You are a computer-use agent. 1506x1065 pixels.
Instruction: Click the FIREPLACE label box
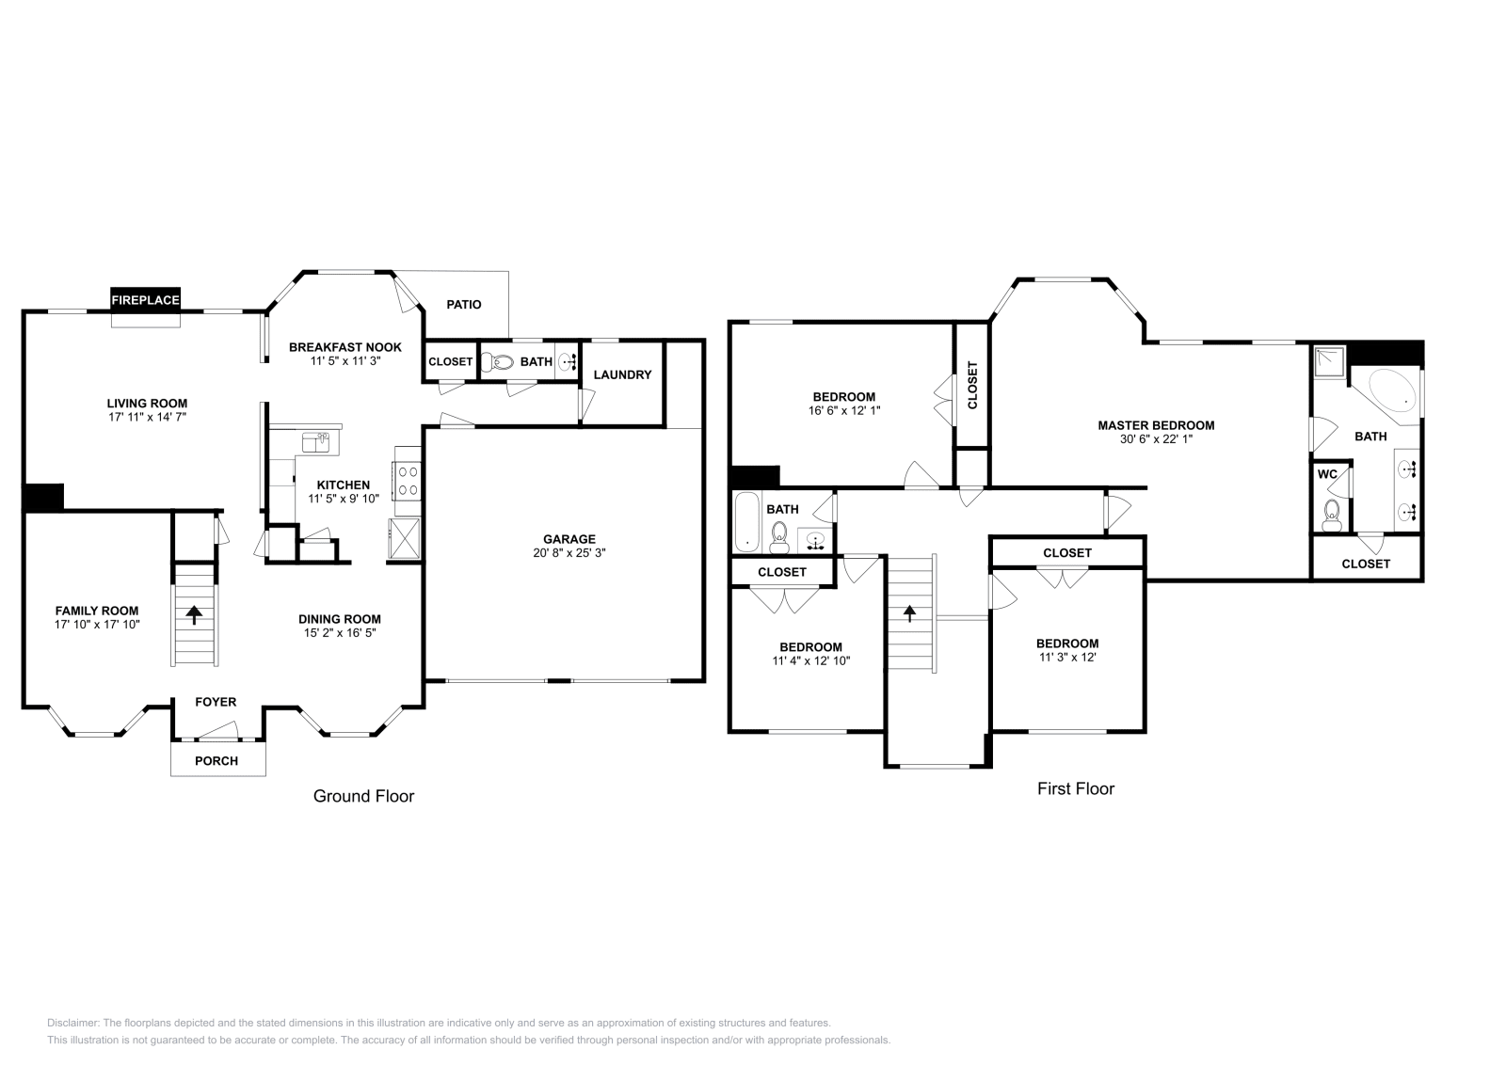[x=145, y=300]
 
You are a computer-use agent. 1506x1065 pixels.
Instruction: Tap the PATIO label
[x=463, y=305]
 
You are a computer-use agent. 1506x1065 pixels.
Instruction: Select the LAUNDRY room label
[x=622, y=374]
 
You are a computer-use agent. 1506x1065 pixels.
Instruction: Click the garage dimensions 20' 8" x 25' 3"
[x=569, y=553]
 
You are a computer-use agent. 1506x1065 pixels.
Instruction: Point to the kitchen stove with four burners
[x=409, y=481]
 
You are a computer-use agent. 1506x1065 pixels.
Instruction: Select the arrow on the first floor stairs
[x=909, y=614]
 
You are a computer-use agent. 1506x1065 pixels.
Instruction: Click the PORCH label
[x=216, y=760]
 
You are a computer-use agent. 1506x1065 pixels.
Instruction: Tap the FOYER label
[x=216, y=702]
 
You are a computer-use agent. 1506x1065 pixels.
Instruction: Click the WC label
[x=1327, y=474]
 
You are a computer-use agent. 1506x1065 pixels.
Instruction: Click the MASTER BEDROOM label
[x=1156, y=425]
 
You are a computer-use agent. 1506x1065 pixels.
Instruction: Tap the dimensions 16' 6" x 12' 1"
[x=844, y=410]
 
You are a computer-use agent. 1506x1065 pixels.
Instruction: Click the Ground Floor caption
[x=363, y=796]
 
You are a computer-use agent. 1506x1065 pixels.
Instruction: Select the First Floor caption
[x=1075, y=788]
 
